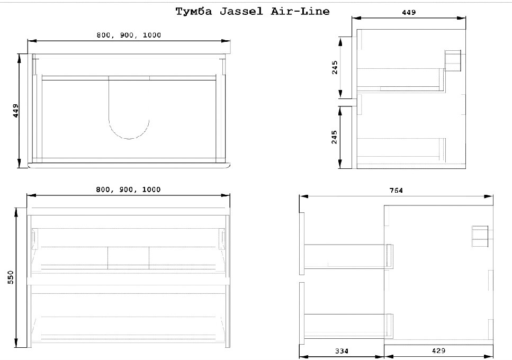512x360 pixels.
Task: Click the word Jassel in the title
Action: (x=241, y=12)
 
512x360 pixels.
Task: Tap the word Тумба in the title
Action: (x=194, y=12)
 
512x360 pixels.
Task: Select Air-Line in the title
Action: (x=300, y=12)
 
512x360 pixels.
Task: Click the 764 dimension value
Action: (x=396, y=190)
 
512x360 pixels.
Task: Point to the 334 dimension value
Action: (x=342, y=351)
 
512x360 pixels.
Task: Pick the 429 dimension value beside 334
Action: (x=438, y=350)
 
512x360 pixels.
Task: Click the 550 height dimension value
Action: (x=11, y=277)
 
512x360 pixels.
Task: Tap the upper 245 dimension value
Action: (x=335, y=68)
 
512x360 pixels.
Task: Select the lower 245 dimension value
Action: (x=335, y=137)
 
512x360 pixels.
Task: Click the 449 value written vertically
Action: (x=15, y=111)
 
